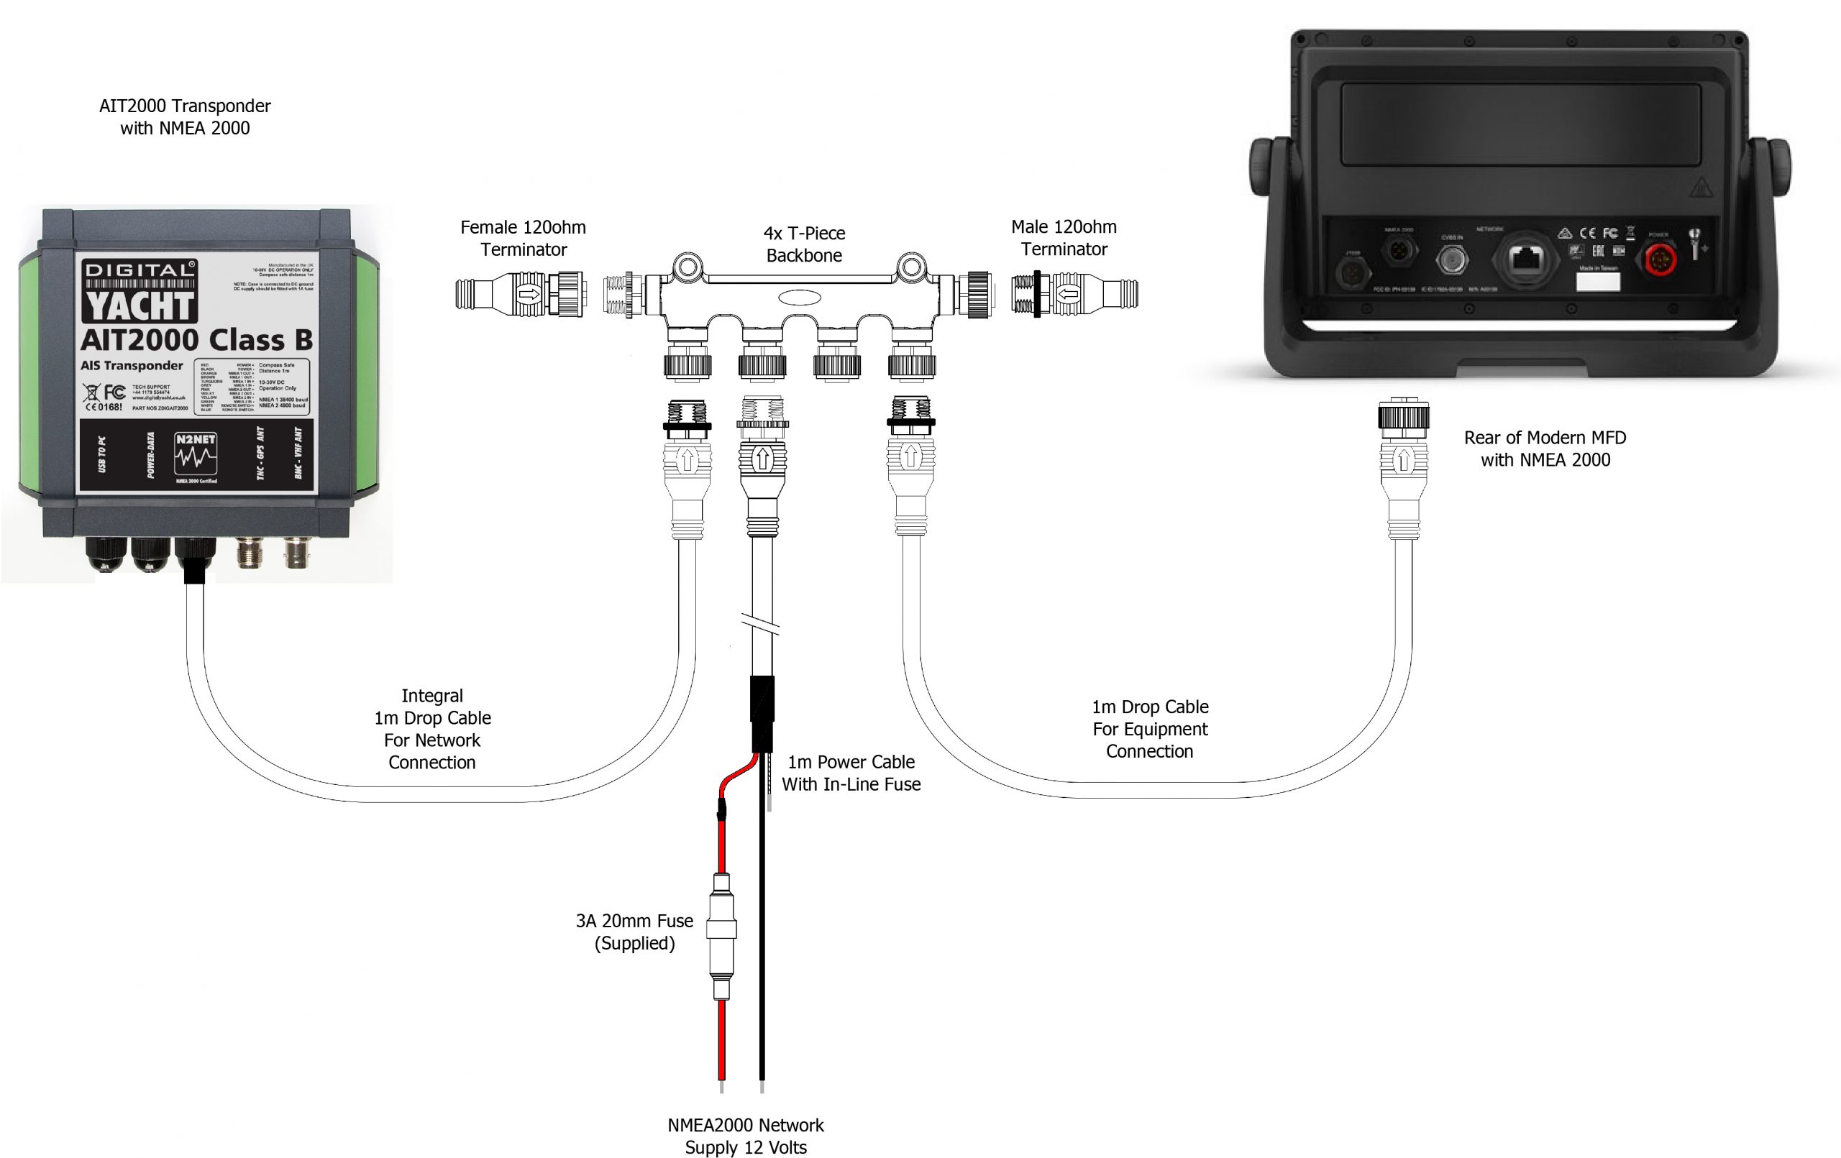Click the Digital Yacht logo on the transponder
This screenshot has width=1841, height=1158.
pyautogui.click(x=139, y=291)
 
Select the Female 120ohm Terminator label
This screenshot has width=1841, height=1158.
pyautogui.click(x=523, y=239)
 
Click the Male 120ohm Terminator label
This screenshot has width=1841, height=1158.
pyautogui.click(x=1064, y=238)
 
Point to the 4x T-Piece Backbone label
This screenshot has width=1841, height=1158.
pyautogui.click(x=803, y=244)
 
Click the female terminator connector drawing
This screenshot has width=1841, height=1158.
pyautogui.click(x=521, y=293)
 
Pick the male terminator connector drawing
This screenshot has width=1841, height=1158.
pyautogui.click(x=1074, y=293)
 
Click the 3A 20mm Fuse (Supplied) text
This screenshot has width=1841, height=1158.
pyautogui.click(x=634, y=932)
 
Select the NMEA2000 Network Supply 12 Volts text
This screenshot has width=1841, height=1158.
pyautogui.click(x=746, y=1136)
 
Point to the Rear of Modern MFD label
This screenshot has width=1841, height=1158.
pyautogui.click(x=1545, y=449)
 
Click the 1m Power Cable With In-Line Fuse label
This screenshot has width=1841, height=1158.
pyautogui.click(x=851, y=773)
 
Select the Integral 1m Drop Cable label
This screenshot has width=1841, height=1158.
pyautogui.click(x=432, y=728)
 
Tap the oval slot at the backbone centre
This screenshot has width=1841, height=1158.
pyautogui.click(x=799, y=298)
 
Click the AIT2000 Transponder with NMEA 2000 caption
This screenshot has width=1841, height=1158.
pyautogui.click(x=185, y=117)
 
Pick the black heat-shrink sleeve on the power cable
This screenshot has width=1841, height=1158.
pyautogui.click(x=762, y=713)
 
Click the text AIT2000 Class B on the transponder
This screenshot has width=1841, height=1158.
pyautogui.click(x=196, y=339)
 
